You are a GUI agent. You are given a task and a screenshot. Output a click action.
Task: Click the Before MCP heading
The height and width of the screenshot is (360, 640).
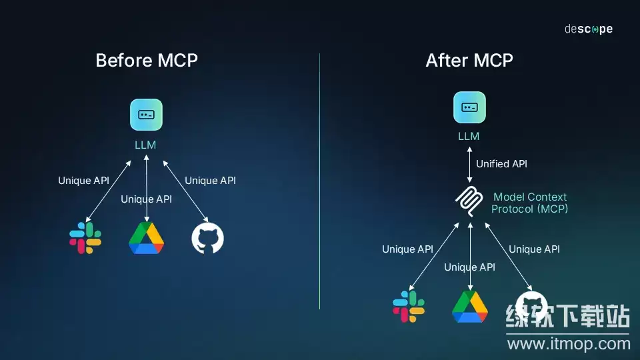(147, 60)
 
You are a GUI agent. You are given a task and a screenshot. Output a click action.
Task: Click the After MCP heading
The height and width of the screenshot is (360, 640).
(469, 60)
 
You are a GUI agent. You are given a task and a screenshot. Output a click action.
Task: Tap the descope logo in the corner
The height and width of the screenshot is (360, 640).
(588, 29)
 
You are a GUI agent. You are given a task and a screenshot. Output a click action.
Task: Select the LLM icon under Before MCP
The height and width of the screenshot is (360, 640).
(146, 115)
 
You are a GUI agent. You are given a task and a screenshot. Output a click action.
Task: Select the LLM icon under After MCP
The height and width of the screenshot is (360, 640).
(469, 107)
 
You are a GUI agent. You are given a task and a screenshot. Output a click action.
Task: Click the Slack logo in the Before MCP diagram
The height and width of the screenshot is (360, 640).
(85, 239)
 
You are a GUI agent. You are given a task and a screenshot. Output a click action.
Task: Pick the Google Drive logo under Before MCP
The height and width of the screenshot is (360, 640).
(146, 239)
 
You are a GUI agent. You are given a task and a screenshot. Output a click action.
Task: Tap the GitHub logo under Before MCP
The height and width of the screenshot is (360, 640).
(207, 239)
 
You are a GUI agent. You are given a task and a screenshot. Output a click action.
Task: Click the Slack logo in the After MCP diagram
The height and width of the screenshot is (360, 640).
(409, 306)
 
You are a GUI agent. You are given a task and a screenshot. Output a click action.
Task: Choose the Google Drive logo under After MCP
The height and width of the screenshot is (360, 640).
(470, 306)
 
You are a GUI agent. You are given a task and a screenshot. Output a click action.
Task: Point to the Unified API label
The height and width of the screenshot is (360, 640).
(501, 164)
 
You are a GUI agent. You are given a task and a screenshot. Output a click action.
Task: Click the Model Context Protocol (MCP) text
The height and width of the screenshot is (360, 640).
(529, 203)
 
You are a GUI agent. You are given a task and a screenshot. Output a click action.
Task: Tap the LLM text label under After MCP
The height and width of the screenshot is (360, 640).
(469, 137)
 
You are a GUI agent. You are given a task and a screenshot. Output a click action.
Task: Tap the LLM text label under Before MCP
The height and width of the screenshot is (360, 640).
(145, 145)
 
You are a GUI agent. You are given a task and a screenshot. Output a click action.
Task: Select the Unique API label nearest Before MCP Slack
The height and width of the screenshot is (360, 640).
(83, 181)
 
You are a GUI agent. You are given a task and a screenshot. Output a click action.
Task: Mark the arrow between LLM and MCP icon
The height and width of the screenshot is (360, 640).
(469, 164)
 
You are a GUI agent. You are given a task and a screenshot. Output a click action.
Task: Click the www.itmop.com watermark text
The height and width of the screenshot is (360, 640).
(569, 344)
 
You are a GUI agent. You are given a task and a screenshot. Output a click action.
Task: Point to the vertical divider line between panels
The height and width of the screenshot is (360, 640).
(319, 180)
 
